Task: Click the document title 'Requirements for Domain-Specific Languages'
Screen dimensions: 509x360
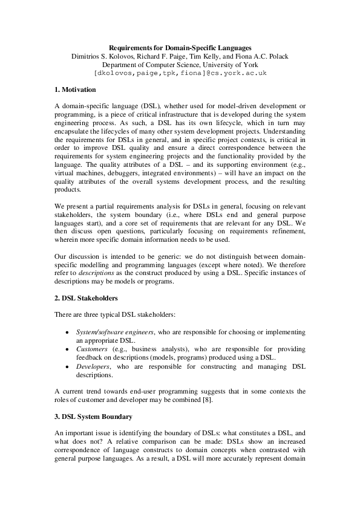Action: point(180,48)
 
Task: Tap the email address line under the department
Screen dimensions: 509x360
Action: point(180,73)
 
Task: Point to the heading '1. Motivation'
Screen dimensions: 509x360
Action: point(75,89)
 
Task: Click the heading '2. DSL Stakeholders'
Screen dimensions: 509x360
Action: point(86,298)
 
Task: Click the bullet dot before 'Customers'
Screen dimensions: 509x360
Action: point(66,350)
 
